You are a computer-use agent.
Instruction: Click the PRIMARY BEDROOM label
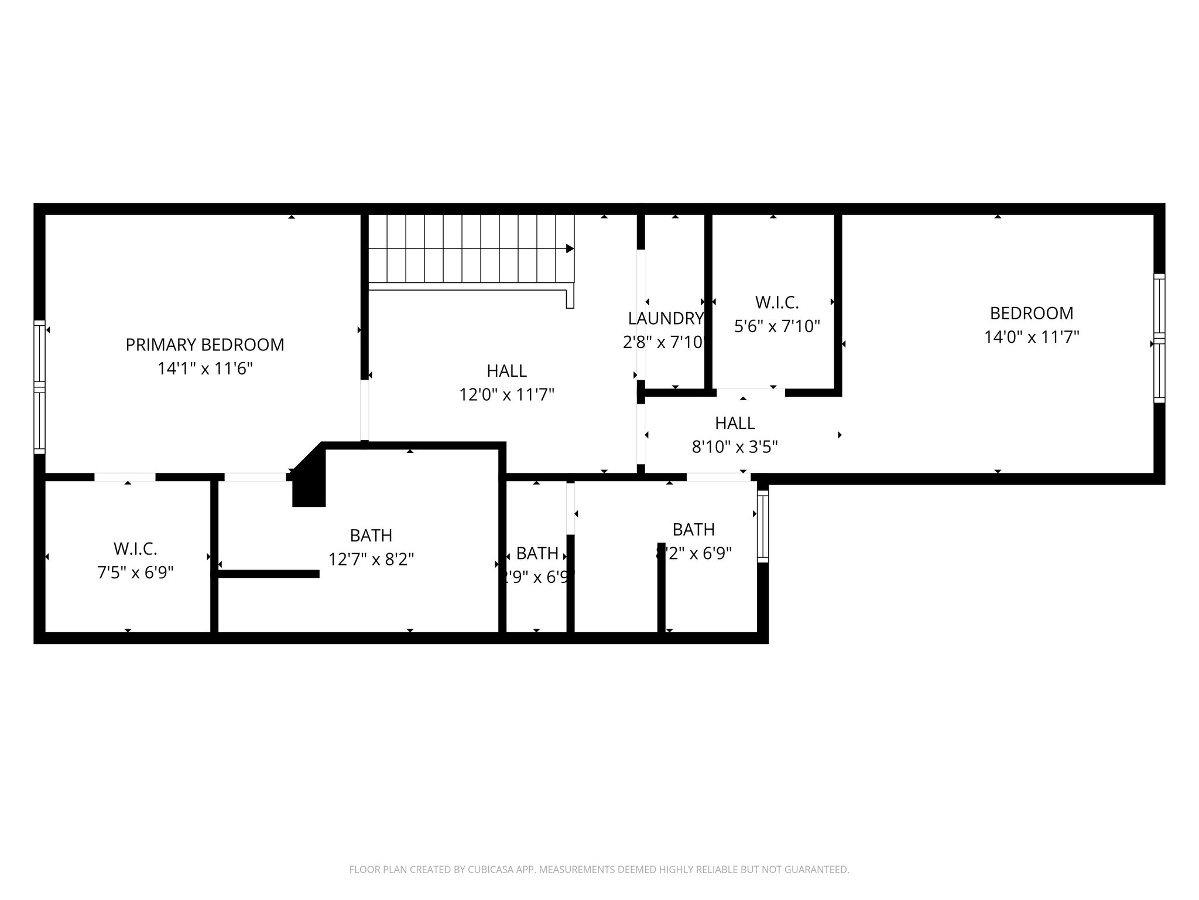205,345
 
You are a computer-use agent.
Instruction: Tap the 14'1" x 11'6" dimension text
205,369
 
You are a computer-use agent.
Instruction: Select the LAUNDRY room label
665,318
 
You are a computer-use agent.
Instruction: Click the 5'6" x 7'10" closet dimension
777,326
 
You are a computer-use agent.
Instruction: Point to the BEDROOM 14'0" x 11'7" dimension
1031,337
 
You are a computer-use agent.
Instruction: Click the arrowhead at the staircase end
570,248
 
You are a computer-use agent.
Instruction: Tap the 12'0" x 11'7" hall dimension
506,395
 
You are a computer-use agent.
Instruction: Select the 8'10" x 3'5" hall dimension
735,448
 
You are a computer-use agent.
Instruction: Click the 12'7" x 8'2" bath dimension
371,560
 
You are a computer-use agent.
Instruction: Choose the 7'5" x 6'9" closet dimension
135,572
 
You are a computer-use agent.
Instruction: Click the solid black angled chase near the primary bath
309,478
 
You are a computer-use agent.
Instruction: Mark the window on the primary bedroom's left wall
39,387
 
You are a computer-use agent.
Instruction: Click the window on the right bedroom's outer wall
1159,338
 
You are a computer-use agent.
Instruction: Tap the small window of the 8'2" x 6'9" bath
762,526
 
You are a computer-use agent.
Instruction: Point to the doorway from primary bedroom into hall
365,410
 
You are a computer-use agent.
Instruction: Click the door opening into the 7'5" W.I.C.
125,477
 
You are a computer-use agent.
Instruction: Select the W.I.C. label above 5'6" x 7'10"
777,302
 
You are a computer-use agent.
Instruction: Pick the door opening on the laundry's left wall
640,315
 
